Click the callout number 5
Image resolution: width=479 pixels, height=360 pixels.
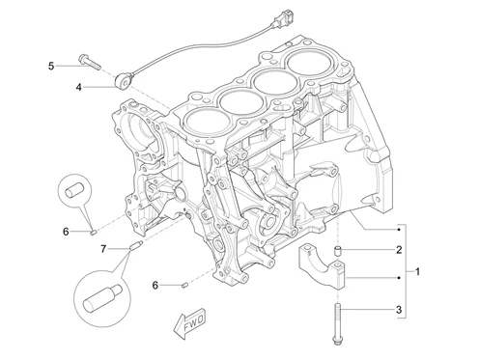click(x=51, y=67)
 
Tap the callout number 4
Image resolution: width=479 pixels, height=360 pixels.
click(x=79, y=87)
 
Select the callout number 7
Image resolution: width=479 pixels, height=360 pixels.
click(x=103, y=249)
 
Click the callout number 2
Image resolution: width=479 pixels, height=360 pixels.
click(x=399, y=249)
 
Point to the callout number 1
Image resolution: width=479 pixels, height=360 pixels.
click(x=417, y=272)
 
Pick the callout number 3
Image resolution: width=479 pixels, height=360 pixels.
click(x=399, y=310)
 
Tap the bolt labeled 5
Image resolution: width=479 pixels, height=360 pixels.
click(x=89, y=62)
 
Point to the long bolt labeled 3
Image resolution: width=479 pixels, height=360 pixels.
click(x=337, y=324)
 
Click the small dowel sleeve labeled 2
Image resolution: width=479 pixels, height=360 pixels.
click(x=337, y=251)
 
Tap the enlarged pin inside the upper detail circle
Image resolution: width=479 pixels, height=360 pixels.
click(x=74, y=190)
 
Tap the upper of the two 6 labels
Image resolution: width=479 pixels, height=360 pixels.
click(x=66, y=232)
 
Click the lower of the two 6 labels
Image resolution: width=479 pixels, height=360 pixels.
click(x=155, y=285)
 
